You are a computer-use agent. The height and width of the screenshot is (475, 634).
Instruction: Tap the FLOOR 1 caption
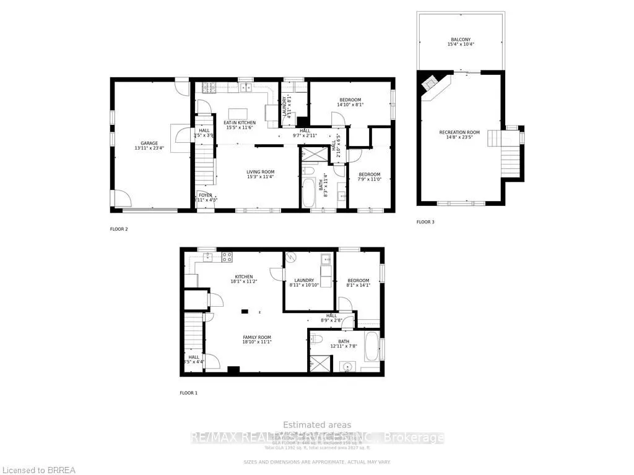point(188,393)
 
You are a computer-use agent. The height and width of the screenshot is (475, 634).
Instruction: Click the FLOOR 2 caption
point(119,229)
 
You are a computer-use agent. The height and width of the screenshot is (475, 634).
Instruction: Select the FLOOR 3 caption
point(425,221)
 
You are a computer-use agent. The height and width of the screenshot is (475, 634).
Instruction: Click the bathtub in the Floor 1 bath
point(371,347)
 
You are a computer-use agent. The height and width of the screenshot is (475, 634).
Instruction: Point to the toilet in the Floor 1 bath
point(315,339)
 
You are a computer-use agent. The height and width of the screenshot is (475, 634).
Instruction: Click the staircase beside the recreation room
point(511,157)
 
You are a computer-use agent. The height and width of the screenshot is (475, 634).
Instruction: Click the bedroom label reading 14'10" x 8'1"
point(350,102)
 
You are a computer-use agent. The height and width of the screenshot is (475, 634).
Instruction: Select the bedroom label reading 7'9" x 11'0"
point(369,177)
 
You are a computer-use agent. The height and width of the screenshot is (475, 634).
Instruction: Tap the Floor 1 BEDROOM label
point(359,283)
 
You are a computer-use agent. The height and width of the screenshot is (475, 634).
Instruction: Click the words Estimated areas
point(317,425)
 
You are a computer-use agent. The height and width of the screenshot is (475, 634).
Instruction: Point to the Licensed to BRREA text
point(38,470)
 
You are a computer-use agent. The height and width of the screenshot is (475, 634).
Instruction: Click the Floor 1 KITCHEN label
point(243,279)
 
